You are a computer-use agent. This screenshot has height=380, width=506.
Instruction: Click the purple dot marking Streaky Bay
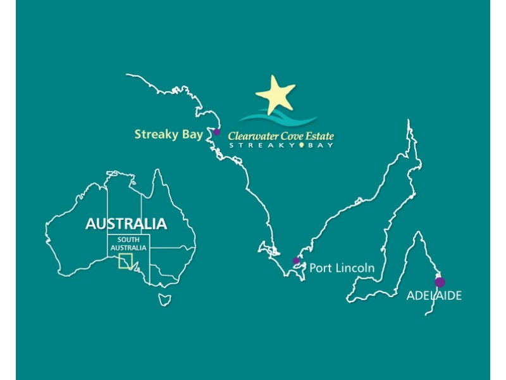216,132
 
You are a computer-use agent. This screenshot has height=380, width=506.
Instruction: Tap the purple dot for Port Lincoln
296,260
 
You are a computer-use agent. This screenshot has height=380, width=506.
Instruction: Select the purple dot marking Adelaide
440,282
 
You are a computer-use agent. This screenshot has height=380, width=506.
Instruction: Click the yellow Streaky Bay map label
168,134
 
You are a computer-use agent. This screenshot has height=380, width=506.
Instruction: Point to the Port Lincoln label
342,268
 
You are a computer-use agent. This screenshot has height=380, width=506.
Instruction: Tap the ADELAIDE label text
434,296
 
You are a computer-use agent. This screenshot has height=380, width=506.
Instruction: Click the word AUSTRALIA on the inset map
126,224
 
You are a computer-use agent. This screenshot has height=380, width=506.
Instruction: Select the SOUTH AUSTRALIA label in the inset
128,244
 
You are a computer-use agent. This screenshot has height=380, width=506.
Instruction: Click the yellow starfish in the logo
276,94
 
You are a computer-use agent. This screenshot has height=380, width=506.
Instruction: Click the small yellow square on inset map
126,261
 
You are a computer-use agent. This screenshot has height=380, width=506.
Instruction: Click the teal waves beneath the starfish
278,118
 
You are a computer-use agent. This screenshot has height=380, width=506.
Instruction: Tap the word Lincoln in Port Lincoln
354,268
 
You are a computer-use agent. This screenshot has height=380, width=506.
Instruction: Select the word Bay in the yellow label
191,134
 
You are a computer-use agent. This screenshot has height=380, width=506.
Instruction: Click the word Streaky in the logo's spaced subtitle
261,145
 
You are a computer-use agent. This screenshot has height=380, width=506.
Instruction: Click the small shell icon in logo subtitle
302,145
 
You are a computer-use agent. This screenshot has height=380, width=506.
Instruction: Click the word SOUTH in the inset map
128,240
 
